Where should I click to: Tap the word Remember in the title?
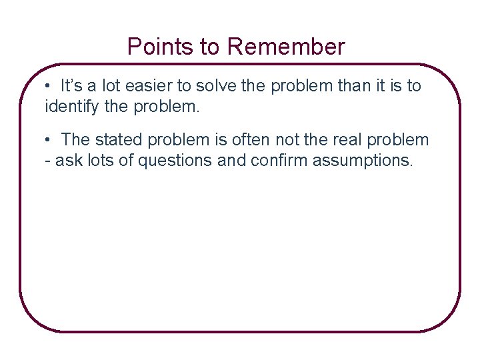(286, 47)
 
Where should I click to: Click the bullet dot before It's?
(49, 86)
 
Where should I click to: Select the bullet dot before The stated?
(49, 140)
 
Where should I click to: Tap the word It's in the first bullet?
(71, 86)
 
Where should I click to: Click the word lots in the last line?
(97, 160)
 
